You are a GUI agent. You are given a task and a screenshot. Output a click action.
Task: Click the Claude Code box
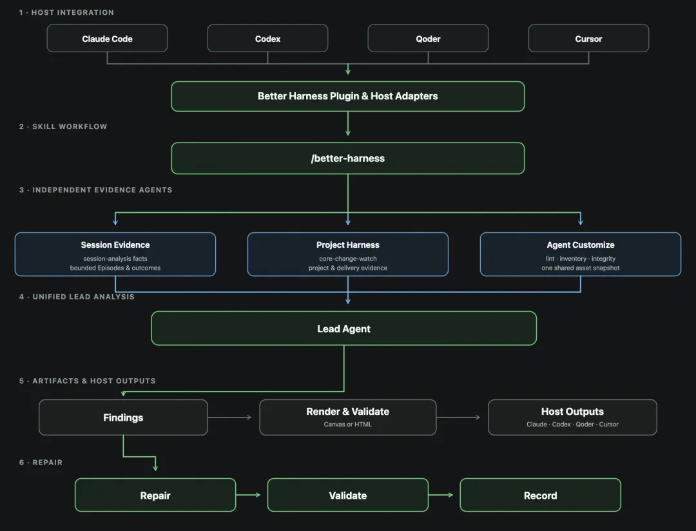[107, 38]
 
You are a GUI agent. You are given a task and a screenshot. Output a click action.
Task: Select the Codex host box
[267, 38]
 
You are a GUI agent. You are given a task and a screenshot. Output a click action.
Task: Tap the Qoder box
[428, 38]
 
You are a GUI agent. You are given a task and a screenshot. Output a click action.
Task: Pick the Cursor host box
[588, 38]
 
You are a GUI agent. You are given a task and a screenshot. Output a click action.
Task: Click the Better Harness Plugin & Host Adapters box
[348, 96]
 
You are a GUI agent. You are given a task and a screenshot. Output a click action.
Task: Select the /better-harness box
[348, 158]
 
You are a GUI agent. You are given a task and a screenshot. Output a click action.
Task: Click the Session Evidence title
[115, 245]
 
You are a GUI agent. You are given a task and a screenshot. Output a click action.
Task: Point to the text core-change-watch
[348, 259]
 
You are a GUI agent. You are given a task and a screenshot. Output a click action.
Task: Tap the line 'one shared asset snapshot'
[581, 268]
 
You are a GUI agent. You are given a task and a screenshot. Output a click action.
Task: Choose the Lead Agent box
[344, 328]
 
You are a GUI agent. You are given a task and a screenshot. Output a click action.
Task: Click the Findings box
[123, 417]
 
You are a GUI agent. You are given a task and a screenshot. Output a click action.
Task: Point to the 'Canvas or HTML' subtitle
[348, 425]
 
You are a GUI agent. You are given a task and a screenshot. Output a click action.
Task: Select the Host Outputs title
[573, 412]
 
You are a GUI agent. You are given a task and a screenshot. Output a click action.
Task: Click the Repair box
[155, 495]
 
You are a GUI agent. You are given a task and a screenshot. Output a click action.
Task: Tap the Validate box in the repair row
[348, 495]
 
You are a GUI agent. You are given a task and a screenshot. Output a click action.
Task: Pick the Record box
[540, 495]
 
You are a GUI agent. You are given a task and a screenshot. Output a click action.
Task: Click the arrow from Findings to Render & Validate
[230, 417]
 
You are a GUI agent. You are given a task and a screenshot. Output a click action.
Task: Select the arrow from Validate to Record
[441, 495]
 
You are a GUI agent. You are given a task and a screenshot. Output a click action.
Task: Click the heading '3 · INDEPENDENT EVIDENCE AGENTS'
[95, 190]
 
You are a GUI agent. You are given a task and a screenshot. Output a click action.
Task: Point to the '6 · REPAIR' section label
[41, 463]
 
